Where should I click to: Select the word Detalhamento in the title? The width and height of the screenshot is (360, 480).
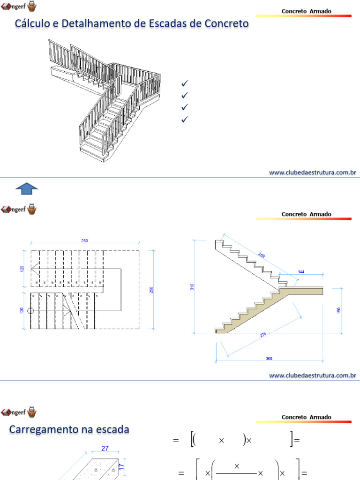(x=89, y=23)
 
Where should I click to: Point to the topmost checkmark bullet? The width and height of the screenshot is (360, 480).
(x=184, y=84)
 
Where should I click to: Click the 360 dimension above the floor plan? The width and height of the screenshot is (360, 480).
(x=84, y=240)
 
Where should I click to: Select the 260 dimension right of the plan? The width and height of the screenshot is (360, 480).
(x=151, y=290)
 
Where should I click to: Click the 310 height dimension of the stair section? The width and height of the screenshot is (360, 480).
(x=192, y=286)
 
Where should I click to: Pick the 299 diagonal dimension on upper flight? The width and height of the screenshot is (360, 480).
(x=261, y=255)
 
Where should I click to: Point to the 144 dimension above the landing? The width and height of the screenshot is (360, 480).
(x=301, y=272)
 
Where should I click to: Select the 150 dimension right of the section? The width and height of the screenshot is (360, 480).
(x=339, y=310)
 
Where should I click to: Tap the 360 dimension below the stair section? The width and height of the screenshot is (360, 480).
(x=269, y=359)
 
